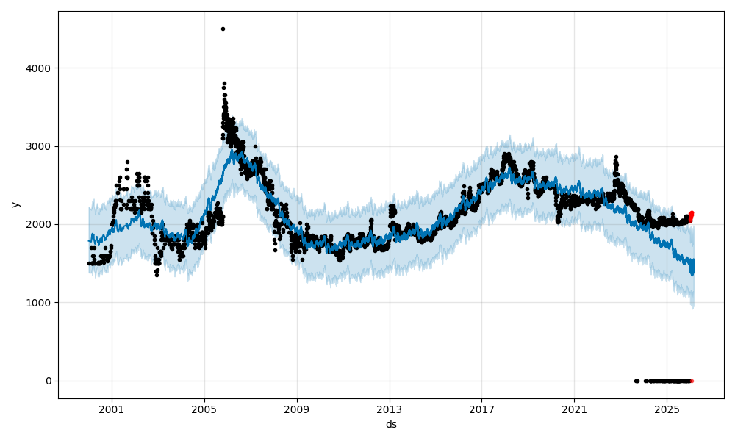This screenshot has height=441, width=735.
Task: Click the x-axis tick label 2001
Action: coord(112,409)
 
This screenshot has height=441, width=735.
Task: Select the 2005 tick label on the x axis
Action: coord(204,409)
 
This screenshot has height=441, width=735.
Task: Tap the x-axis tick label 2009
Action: coord(297,409)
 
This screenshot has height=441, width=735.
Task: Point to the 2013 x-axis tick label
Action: coord(390,409)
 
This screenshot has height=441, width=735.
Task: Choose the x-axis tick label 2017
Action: coord(481,409)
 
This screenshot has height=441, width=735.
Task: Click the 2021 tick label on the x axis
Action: coord(574,409)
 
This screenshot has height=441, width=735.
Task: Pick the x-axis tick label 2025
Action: coord(667,409)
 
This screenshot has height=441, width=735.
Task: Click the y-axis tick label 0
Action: coord(49,381)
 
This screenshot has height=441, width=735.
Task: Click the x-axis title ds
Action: coord(391,424)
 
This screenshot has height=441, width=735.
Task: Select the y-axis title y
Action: coord(15,204)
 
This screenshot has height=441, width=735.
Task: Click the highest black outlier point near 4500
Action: coord(223,29)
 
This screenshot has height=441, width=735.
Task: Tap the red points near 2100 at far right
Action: coord(691,215)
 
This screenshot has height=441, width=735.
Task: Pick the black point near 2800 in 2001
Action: coord(127,162)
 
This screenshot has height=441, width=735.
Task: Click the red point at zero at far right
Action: coord(692,381)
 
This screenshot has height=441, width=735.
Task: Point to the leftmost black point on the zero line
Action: coord(636,381)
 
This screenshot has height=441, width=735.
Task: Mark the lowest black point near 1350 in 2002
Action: coord(156,275)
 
